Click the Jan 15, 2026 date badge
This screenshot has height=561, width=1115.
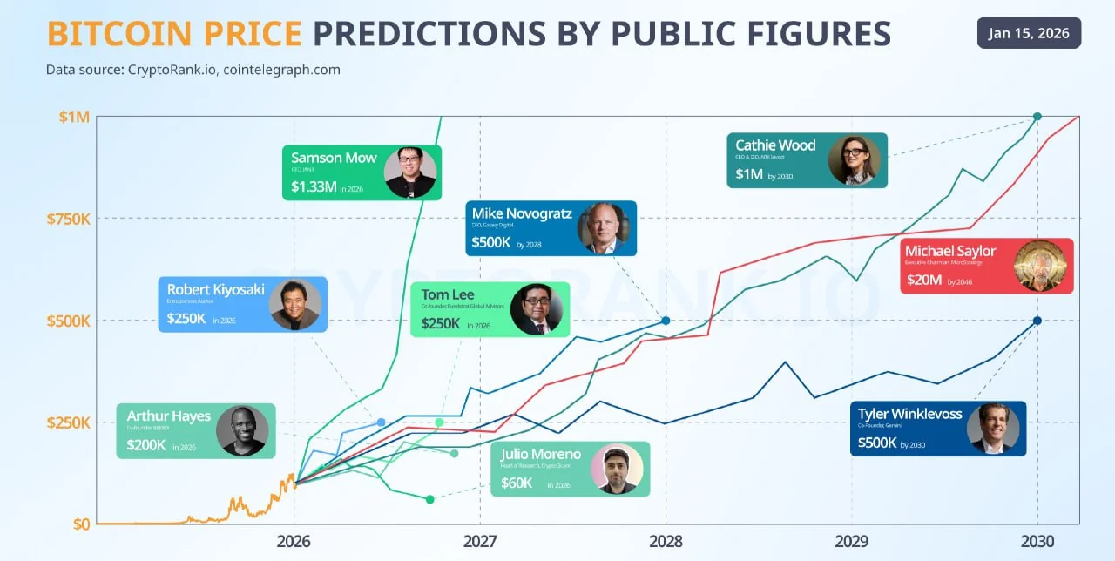[x=1029, y=33]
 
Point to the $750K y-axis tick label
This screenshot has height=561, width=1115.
[x=68, y=218]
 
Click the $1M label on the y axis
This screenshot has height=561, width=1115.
[x=73, y=117]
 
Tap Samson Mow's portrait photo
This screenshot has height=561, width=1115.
[x=409, y=172]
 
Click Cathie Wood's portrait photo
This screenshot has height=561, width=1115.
[x=854, y=160]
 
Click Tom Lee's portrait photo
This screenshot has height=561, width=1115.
[x=536, y=309]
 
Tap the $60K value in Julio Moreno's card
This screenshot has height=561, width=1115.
[x=517, y=482]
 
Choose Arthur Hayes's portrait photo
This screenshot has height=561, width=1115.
[x=242, y=430]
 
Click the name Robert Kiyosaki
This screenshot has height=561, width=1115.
[x=216, y=290]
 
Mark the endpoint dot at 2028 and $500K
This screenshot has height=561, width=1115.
[x=666, y=321]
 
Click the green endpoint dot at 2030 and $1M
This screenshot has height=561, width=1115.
[x=1037, y=117]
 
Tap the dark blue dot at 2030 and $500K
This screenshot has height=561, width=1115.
[x=1037, y=321]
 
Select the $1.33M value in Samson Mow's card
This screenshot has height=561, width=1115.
[x=314, y=186]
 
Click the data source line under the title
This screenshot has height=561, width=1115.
[x=193, y=70]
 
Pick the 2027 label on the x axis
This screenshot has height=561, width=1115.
[x=480, y=540]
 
